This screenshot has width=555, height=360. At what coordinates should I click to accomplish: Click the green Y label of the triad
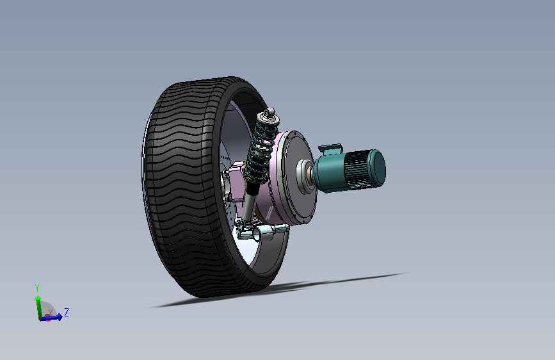[37, 288]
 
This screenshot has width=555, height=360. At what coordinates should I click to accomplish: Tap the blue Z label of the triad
[66, 312]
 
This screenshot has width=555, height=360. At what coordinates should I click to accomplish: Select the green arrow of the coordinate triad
[38, 307]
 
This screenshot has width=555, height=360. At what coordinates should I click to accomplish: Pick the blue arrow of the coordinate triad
[51, 318]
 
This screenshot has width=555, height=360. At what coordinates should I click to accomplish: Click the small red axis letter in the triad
[51, 313]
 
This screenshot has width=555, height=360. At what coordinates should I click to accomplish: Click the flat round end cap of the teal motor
[378, 168]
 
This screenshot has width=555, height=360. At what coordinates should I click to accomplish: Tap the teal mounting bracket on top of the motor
[330, 149]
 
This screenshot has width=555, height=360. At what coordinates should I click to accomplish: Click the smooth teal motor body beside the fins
[329, 173]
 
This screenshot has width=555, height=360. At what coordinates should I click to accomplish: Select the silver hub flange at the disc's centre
[305, 176]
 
